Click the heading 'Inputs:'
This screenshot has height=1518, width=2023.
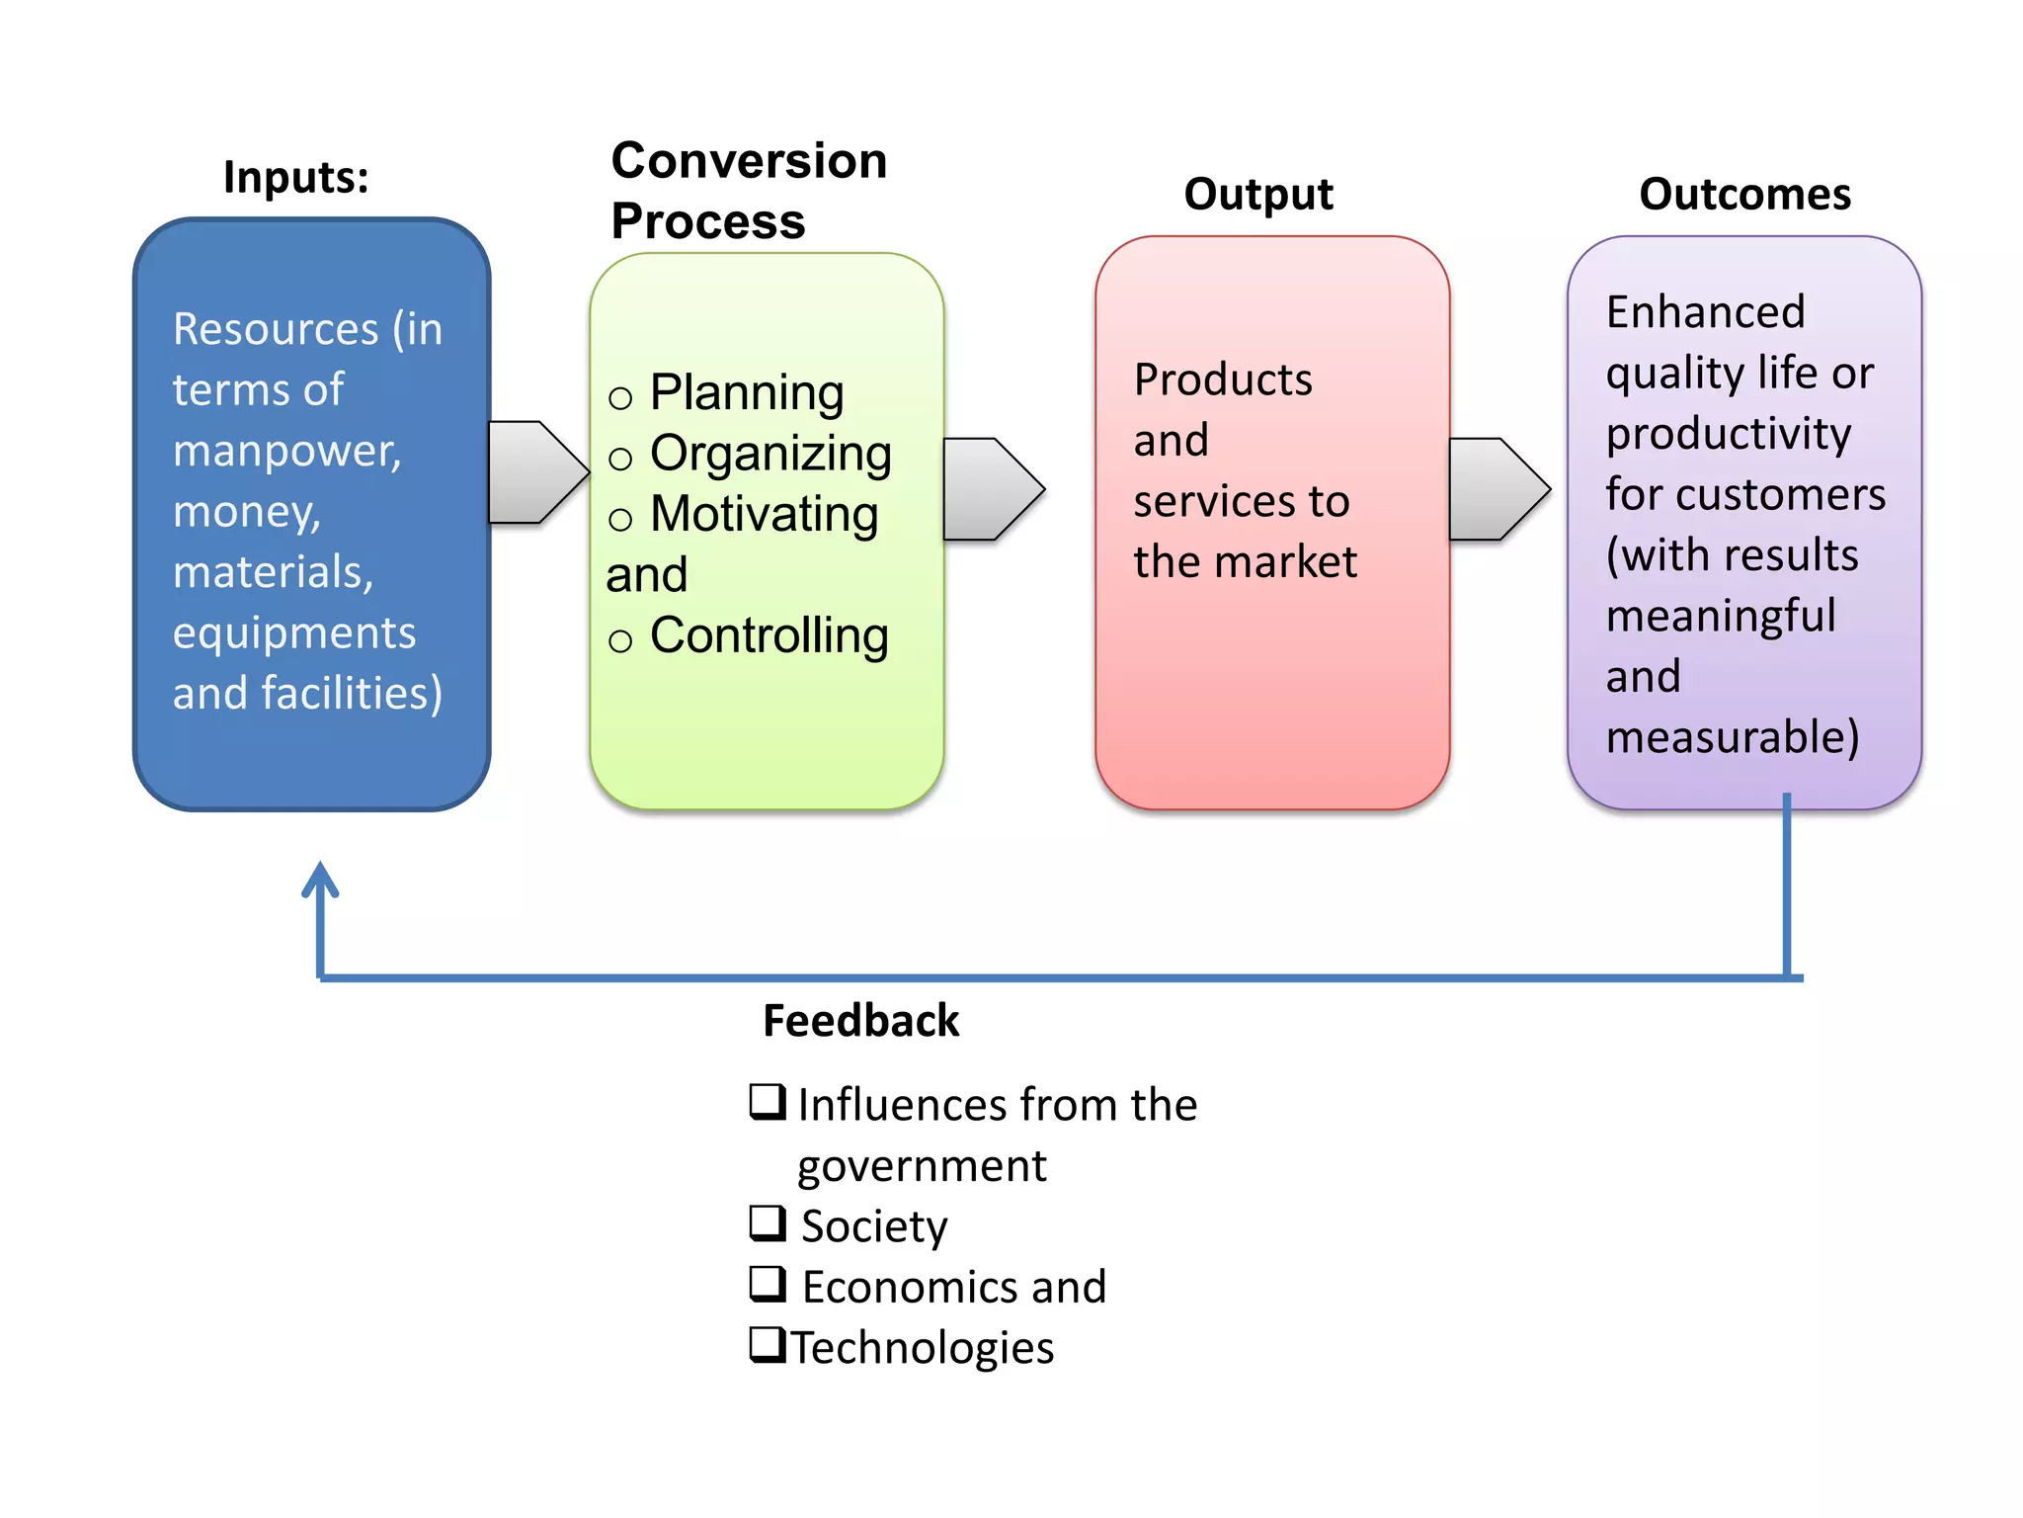coord(295,178)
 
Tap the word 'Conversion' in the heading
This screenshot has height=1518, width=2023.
coord(749,160)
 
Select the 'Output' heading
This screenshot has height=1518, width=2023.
coord(1257,195)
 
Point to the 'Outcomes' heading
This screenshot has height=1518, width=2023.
coord(1744,194)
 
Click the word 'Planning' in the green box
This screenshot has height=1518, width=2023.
coord(747,393)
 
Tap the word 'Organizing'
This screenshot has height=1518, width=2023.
coord(770,455)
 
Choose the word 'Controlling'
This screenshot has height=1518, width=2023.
coord(769,635)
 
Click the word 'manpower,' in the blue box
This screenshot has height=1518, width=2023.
coord(287,451)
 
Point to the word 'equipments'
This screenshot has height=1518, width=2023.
coord(294,633)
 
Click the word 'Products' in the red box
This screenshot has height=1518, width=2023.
coord(1223,379)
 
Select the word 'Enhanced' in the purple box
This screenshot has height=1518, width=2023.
coord(1705,312)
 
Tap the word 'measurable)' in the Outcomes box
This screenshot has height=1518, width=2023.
coord(1733,737)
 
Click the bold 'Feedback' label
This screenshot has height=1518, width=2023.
coord(860,1021)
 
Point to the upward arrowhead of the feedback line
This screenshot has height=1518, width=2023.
coord(320,879)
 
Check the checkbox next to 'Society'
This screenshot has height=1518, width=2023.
coord(768,1223)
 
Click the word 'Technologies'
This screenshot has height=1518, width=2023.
coord(923,1348)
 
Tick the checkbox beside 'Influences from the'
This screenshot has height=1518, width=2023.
coord(768,1101)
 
